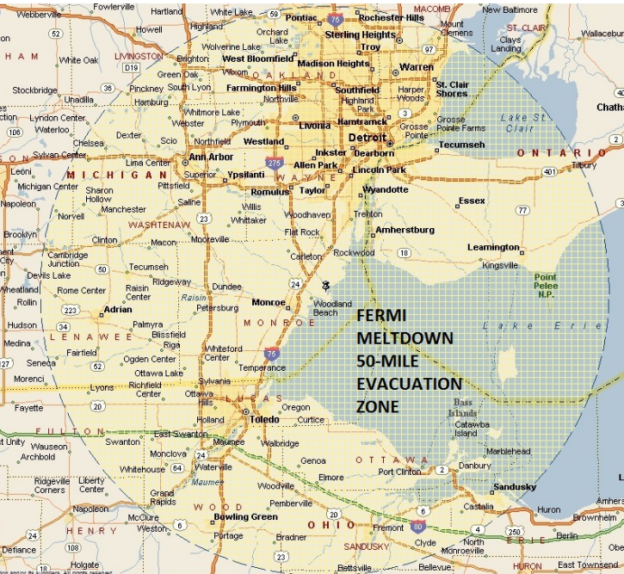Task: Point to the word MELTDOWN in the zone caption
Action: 405,338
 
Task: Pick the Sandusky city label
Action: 514,487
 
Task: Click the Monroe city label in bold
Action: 269,302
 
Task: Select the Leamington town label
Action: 493,247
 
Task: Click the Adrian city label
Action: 118,308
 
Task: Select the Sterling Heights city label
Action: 360,35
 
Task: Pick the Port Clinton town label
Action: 399,472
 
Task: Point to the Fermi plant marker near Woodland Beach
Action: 326,286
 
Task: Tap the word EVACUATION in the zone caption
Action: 409,384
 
